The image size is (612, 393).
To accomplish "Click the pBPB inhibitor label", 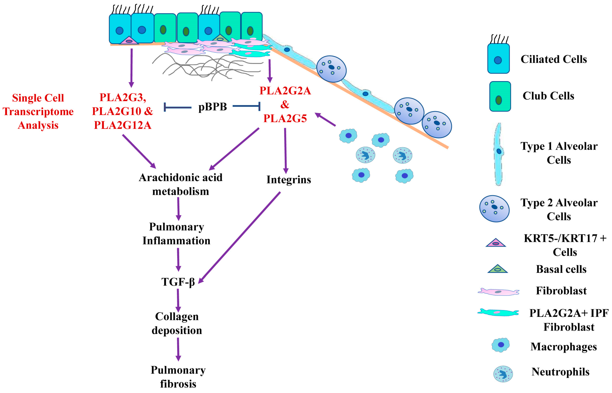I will tap(212, 107).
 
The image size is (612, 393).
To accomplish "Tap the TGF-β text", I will tap(178, 282).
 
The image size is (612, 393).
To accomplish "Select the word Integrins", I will tap(289, 180).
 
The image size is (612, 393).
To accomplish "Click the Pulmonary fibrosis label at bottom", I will tap(178, 377).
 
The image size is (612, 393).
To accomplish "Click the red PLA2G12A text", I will tap(123, 125).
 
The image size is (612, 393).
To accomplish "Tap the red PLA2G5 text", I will tap(285, 118).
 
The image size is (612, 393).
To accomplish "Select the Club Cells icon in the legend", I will tap(500, 96).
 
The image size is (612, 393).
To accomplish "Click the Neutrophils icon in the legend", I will tap(503, 374).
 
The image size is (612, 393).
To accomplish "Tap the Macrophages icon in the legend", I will tap(501, 345).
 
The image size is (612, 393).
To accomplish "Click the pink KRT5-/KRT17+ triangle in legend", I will tap(495, 243).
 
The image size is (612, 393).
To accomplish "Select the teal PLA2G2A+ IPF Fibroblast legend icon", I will tap(498, 312).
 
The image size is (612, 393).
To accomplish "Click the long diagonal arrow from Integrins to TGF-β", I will tap(240, 237).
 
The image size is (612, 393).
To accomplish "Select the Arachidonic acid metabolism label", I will tap(181, 184).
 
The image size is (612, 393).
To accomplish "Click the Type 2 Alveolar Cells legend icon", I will tap(494, 209).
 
